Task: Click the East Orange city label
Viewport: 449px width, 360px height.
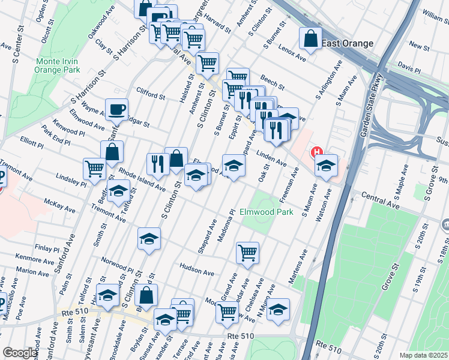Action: [348, 43]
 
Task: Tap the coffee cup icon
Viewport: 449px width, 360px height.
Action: [116, 109]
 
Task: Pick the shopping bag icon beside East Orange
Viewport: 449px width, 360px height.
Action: [312, 39]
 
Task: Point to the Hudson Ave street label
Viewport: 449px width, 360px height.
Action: [196, 268]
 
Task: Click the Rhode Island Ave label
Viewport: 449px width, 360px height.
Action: [142, 178]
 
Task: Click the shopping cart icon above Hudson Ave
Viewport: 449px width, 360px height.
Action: [247, 253]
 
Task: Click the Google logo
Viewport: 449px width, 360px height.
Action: [20, 353]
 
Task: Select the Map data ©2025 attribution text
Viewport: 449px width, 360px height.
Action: [423, 355]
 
